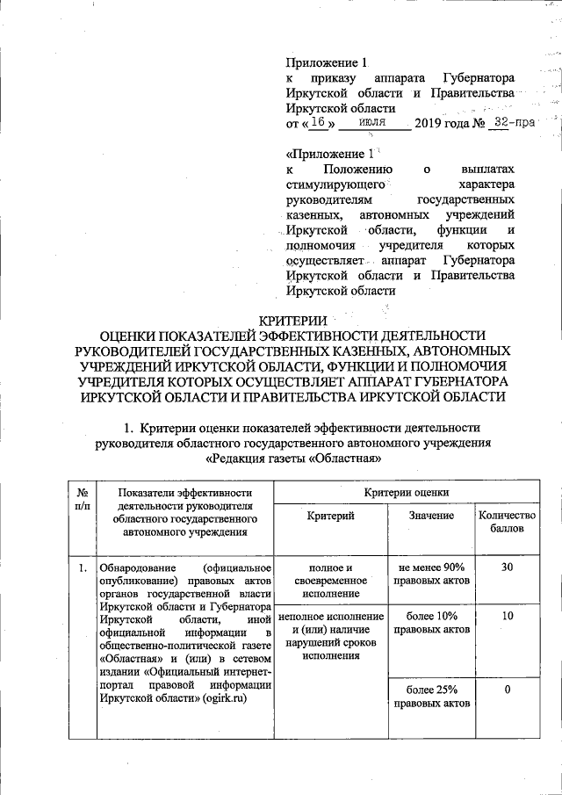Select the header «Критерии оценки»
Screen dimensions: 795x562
407,494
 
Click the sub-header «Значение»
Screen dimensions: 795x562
431,517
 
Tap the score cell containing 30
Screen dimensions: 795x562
507,568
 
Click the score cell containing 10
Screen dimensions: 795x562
507,618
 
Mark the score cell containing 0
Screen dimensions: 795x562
507,690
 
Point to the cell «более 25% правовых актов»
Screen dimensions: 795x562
431,697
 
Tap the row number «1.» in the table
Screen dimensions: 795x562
81,568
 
